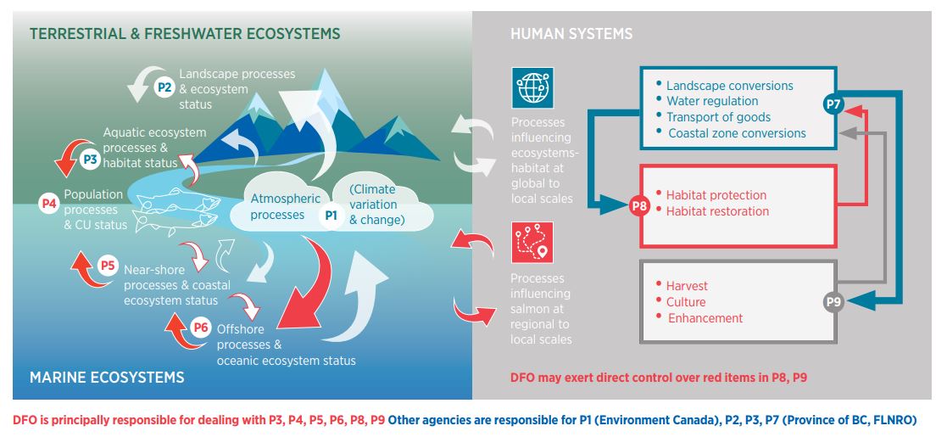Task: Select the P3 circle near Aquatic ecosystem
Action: pyautogui.click(x=91, y=158)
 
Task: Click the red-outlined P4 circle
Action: pyautogui.click(x=49, y=203)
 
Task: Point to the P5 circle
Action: pyautogui.click(x=108, y=266)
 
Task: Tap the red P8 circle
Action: pyautogui.click(x=640, y=204)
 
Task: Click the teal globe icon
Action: pyautogui.click(x=532, y=88)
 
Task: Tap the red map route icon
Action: pyautogui.click(x=532, y=243)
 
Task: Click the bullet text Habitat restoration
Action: pyautogui.click(x=717, y=211)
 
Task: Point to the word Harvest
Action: pyautogui.click(x=687, y=285)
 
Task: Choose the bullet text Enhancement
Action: pyautogui.click(x=705, y=318)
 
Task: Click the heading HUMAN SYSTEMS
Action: pyautogui.click(x=571, y=34)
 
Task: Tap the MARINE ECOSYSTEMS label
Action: pyautogui.click(x=107, y=376)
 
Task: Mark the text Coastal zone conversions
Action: pyautogui.click(x=737, y=133)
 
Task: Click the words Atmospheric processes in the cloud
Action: pyautogui.click(x=286, y=207)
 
